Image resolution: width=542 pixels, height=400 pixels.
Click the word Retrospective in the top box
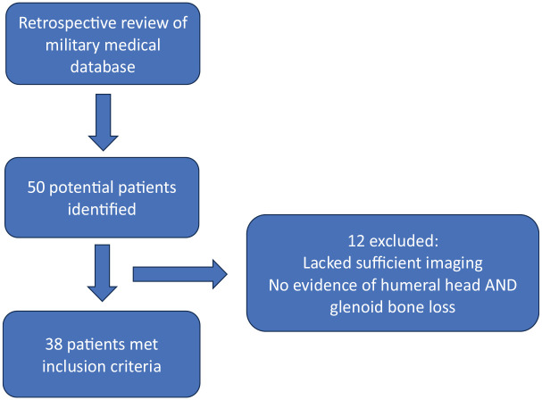click(64, 24)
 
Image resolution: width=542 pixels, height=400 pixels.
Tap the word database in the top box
click(103, 66)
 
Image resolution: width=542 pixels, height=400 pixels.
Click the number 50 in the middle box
click(37, 187)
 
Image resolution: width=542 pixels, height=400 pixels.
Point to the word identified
click(102, 209)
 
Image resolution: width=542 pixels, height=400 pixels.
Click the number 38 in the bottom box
click(54, 345)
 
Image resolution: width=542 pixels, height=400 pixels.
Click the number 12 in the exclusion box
click(356, 241)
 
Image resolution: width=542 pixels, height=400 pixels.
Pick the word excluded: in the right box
click(404, 241)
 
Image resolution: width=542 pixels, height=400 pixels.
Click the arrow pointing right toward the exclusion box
click(180, 274)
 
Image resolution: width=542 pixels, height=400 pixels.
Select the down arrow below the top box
click(104, 122)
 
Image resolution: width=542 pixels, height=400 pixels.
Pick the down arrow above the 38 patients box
click(103, 273)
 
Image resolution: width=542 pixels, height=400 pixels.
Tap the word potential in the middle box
click(80, 188)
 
